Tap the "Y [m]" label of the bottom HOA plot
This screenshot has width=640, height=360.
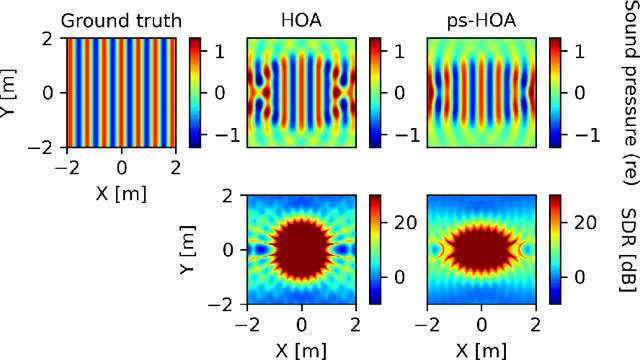click(190, 272)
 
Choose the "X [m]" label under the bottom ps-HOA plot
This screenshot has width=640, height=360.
click(482, 352)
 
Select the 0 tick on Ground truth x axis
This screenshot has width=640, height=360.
click(121, 166)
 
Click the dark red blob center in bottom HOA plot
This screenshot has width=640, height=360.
click(301, 271)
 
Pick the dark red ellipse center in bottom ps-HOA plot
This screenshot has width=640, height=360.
click(481, 271)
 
